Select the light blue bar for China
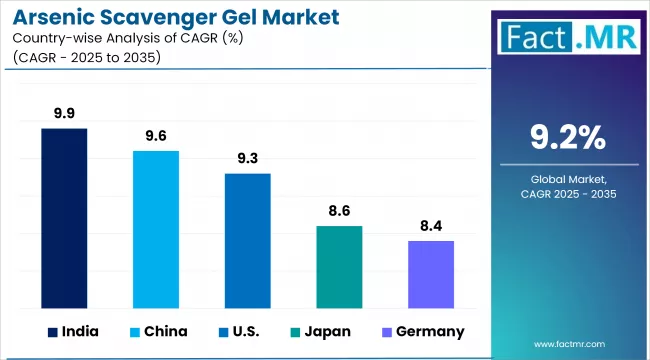click(156, 229)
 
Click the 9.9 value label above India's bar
click(64, 113)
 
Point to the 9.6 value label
click(156, 136)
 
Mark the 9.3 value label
click(247, 158)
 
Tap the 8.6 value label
click(339, 211)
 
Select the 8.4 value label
click(431, 226)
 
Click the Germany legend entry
click(420, 331)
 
